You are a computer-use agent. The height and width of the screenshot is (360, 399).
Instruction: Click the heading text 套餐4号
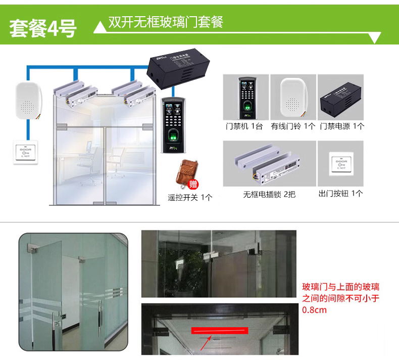43,28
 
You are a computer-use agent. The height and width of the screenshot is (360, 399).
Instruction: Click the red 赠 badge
192,185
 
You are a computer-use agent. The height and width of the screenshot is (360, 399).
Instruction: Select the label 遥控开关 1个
190,198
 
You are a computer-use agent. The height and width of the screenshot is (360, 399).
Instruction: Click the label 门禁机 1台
244,126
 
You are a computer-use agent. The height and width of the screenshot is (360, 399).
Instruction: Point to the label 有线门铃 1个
293,126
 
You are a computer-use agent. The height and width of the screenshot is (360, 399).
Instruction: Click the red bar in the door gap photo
220,331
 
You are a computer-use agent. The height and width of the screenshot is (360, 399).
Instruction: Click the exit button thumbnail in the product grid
340,164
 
